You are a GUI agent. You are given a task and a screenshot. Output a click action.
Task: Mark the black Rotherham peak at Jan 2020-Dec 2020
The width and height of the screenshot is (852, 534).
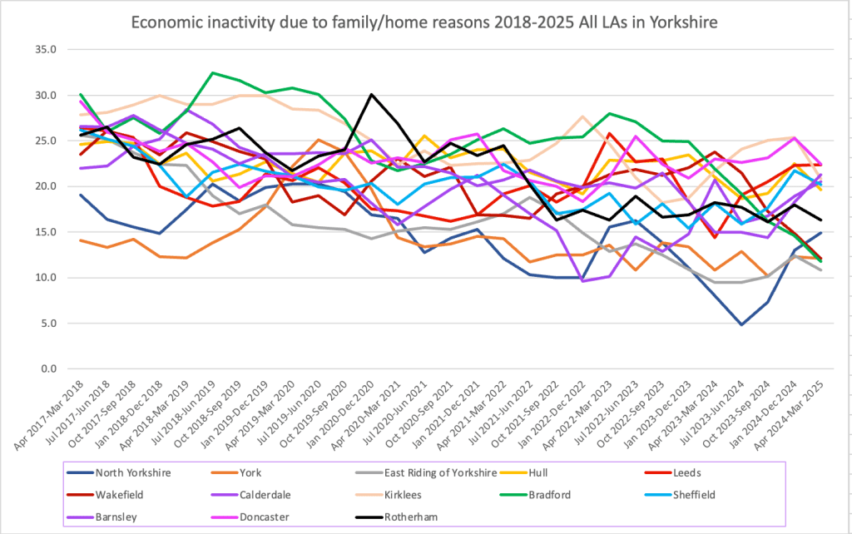click(371, 95)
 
